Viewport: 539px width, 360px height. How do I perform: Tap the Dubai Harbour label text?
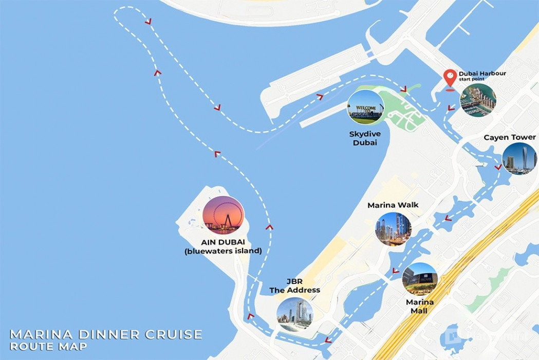[x=482, y=74]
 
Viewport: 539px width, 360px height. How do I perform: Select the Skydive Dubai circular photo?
[x=365, y=107]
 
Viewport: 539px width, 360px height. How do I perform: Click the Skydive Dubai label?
[x=365, y=138]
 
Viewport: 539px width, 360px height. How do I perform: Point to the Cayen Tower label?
[x=510, y=137]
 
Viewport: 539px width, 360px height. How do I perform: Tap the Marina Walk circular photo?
[x=393, y=228]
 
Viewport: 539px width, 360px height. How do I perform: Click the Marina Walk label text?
[x=393, y=205]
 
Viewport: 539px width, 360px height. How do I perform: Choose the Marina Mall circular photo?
[x=420, y=279]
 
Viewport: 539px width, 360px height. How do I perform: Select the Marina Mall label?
[x=420, y=307]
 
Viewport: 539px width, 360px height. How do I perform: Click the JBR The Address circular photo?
[x=294, y=314]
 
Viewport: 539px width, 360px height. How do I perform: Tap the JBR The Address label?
[x=294, y=286]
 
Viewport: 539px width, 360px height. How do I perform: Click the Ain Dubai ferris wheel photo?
[x=224, y=215]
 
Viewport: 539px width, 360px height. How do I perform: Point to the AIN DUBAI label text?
[x=223, y=242]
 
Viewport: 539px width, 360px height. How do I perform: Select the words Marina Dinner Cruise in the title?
[x=106, y=335]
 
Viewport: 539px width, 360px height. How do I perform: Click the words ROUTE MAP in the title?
[x=48, y=347]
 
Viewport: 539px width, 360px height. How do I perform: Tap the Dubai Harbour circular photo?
[x=478, y=100]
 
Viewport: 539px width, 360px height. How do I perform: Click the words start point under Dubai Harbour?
[x=472, y=79]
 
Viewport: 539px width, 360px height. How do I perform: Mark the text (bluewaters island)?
[x=223, y=251]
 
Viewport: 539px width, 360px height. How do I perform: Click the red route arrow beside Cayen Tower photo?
[x=497, y=167]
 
